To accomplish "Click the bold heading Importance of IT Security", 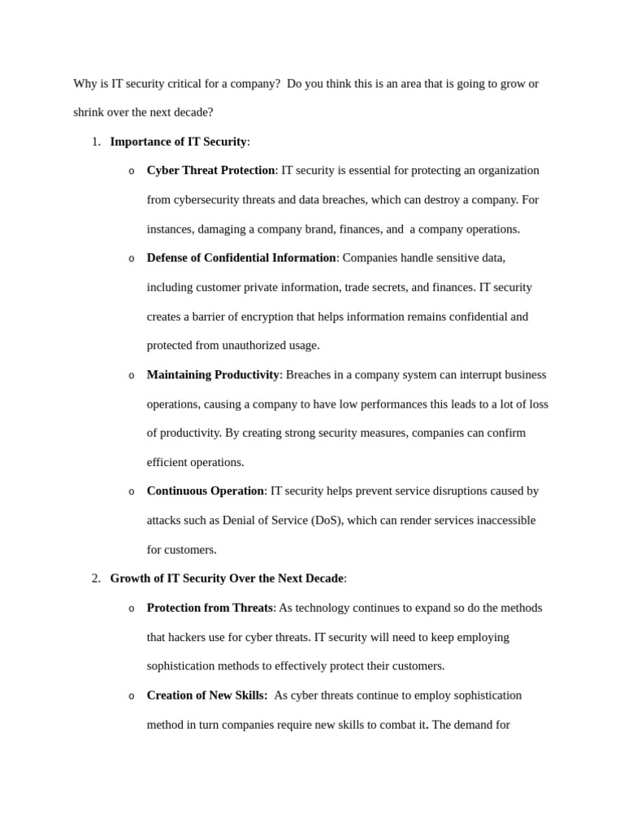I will click(178, 142).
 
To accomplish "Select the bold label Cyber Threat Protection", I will click(210, 171).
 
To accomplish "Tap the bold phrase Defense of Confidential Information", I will click(241, 258).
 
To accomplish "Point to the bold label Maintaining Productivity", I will click(213, 375).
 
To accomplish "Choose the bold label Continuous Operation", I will click(205, 491).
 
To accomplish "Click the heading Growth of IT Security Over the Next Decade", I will click(227, 578).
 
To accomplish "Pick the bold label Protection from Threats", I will click(210, 608).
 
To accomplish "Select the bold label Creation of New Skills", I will click(206, 696).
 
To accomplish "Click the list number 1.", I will click(95, 142).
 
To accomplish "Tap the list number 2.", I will click(95, 578).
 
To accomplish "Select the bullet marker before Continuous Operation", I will click(132, 492).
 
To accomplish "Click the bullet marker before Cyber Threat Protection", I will click(132, 172).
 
